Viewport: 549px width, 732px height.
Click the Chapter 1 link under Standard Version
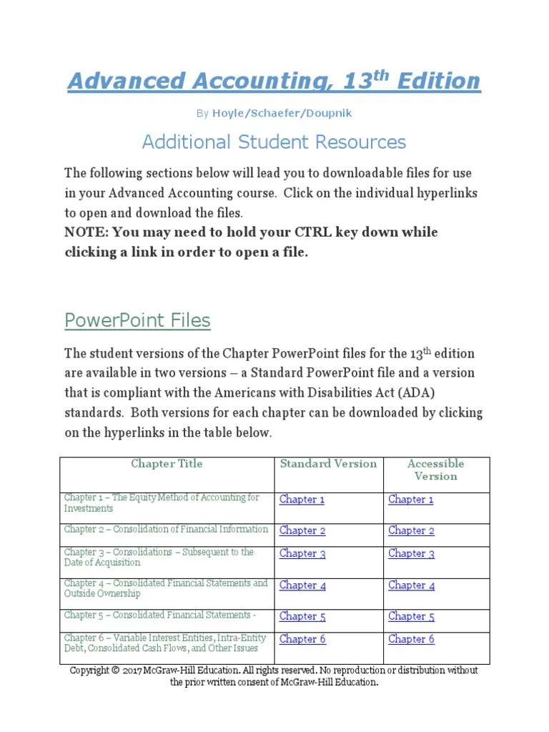point(302,500)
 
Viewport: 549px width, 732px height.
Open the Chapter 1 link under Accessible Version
point(410,500)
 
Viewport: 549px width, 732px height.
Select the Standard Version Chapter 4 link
point(302,585)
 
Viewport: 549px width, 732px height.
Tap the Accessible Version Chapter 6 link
point(411,639)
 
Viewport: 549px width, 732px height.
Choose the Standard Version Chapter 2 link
point(302,530)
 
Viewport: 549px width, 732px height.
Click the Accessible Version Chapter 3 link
point(411,553)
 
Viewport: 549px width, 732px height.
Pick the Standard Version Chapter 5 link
point(302,616)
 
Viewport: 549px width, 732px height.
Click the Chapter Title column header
point(167,464)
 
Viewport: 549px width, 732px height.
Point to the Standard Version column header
point(328,464)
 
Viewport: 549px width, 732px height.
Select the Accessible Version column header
point(435,470)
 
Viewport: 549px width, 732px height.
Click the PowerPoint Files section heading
point(137,320)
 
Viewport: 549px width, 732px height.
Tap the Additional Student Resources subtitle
point(274,142)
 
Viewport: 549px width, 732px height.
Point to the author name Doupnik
point(328,113)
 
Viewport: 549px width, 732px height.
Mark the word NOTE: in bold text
point(85,232)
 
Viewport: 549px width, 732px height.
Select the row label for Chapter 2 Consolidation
point(166,530)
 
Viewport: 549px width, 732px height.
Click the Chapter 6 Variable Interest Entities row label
point(165,643)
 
